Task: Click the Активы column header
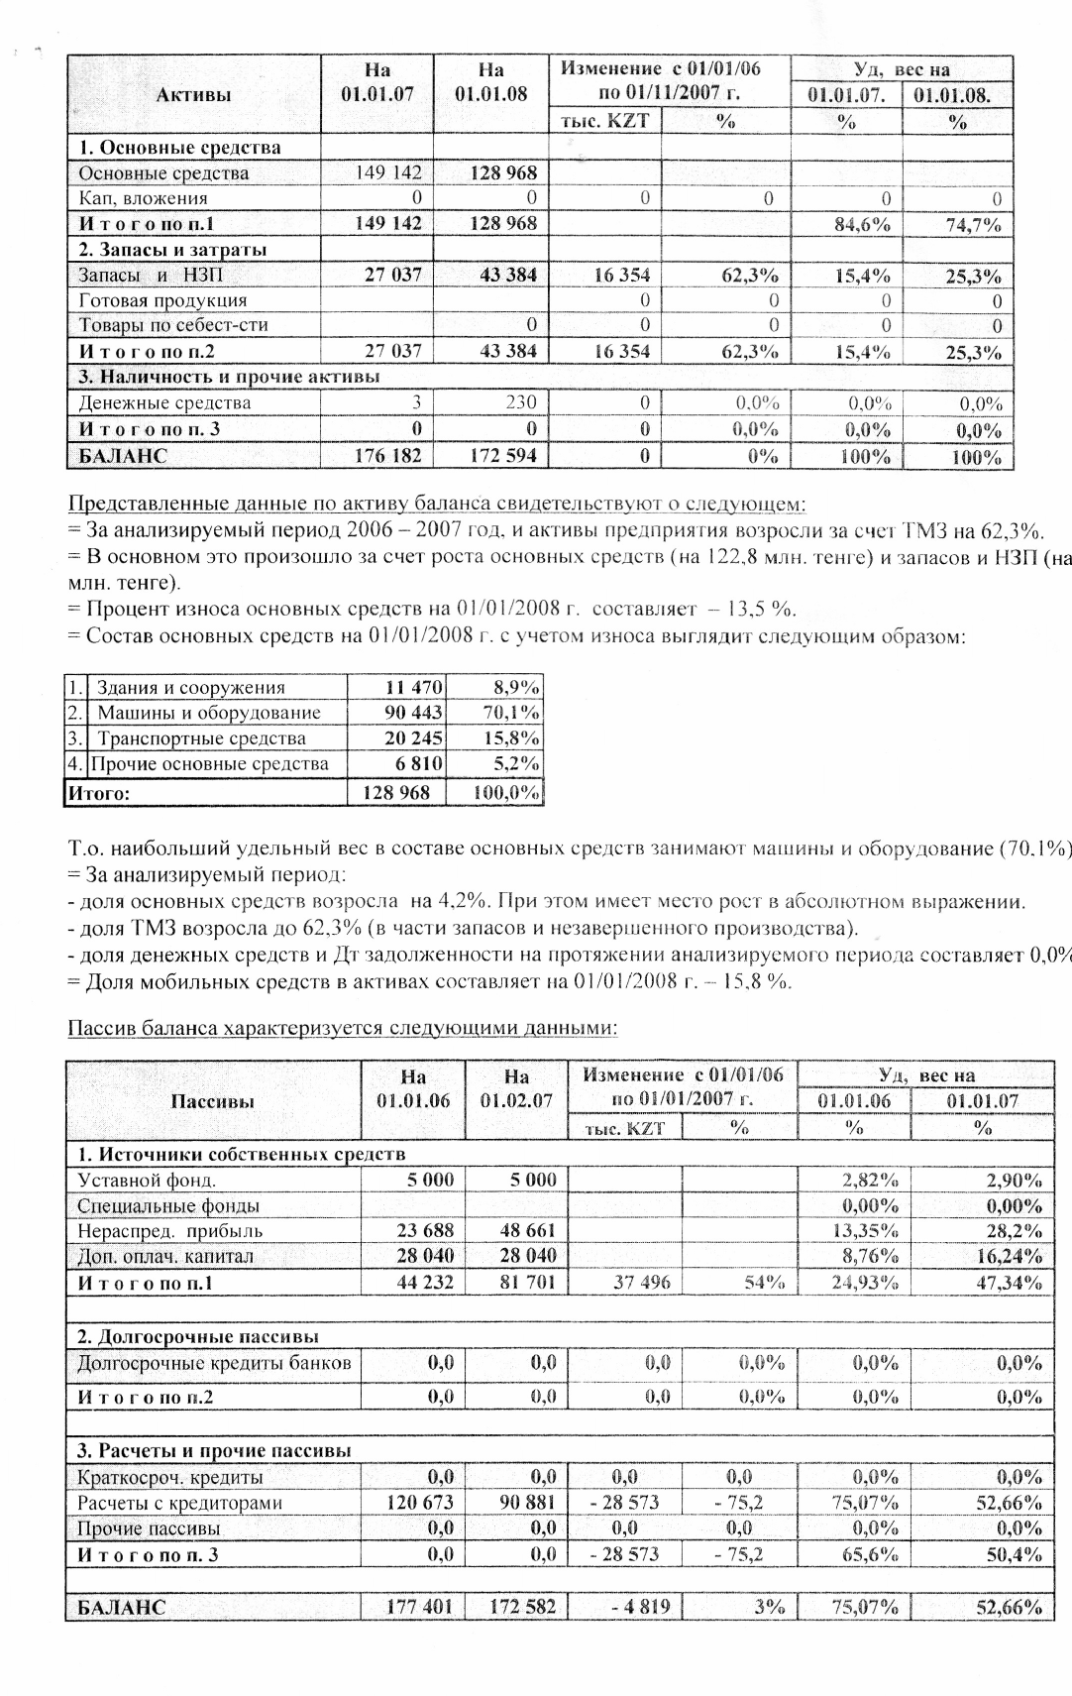[194, 95]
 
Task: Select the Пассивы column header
[212, 1101]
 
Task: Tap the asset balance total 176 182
[388, 456]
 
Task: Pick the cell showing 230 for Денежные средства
[520, 402]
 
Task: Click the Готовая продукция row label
[162, 300]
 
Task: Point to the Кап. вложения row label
[144, 198]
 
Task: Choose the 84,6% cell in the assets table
[862, 224]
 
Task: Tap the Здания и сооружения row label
[190, 688]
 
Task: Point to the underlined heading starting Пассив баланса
[342, 1028]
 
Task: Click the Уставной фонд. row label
[147, 1180]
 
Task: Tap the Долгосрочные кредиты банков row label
[214, 1363]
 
